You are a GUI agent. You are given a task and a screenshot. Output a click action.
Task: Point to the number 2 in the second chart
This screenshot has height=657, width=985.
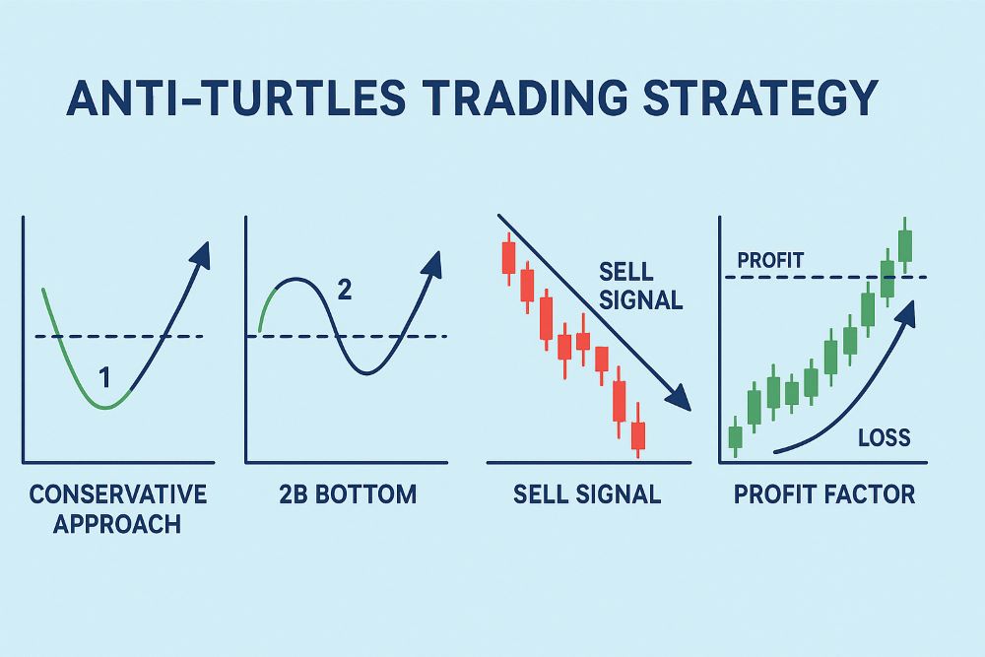(344, 290)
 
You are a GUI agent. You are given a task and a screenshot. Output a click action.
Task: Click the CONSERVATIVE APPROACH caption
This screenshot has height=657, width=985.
(117, 507)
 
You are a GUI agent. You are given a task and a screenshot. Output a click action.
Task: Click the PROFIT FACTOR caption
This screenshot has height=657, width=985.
(824, 493)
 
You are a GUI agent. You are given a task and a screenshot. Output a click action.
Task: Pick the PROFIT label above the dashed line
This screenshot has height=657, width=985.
(770, 261)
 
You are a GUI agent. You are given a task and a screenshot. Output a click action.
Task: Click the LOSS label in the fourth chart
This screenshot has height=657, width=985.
(884, 437)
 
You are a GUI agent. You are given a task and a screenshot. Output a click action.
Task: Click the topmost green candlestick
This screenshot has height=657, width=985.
(905, 243)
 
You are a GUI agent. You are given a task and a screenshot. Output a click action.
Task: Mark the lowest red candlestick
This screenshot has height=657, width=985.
(637, 434)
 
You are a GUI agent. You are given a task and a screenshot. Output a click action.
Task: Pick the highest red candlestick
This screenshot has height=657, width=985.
(508, 257)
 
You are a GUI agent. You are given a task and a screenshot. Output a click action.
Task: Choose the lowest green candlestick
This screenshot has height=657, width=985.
(734, 435)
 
